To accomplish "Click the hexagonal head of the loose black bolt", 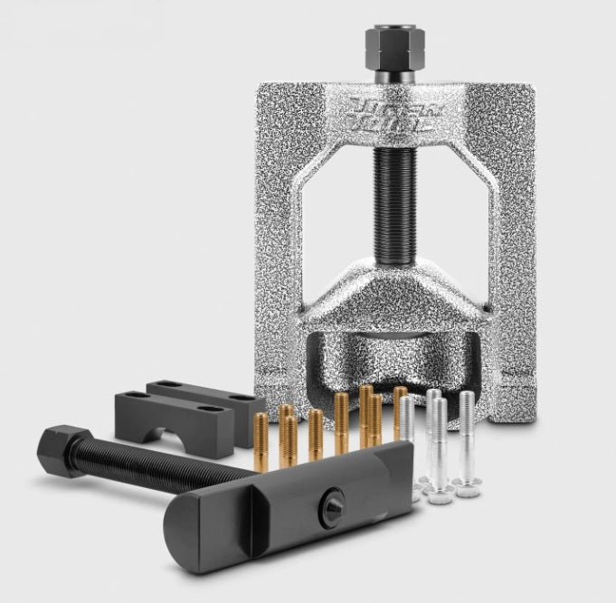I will tap(59, 447).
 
